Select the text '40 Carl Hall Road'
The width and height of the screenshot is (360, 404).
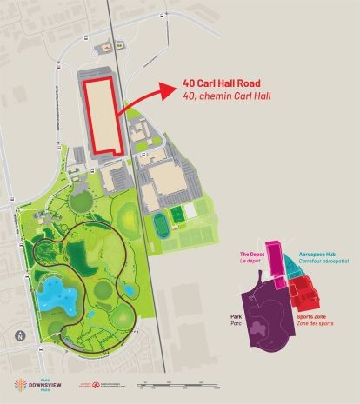tap(217, 84)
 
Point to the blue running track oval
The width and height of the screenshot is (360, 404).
tap(162, 225)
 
